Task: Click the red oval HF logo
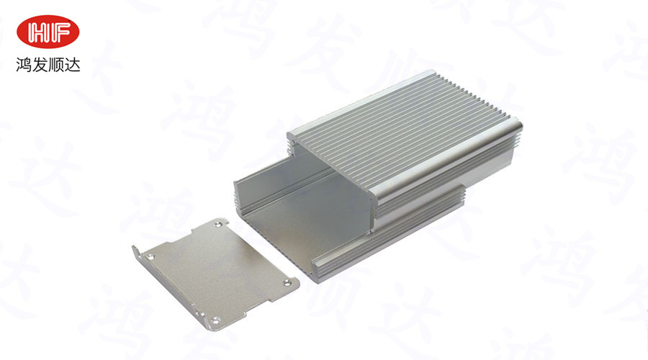[48, 32]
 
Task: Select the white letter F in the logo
[59, 32]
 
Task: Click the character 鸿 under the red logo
[24, 65]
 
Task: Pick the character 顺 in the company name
[55, 65]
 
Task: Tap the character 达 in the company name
[72, 65]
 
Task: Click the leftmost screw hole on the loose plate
[150, 257]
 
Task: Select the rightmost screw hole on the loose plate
[287, 283]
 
